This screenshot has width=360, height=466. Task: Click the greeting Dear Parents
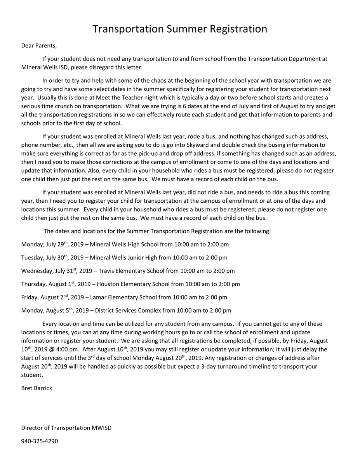tap(39, 46)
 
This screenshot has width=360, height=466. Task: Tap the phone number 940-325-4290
tap(40, 441)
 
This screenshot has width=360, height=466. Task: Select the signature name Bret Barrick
tap(37, 388)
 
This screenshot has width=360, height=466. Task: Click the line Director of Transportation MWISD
tap(66, 428)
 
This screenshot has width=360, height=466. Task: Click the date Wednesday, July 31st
tap(49, 271)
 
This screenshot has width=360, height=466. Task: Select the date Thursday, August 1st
tap(48, 284)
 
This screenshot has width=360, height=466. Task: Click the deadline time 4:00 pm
tap(68, 349)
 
